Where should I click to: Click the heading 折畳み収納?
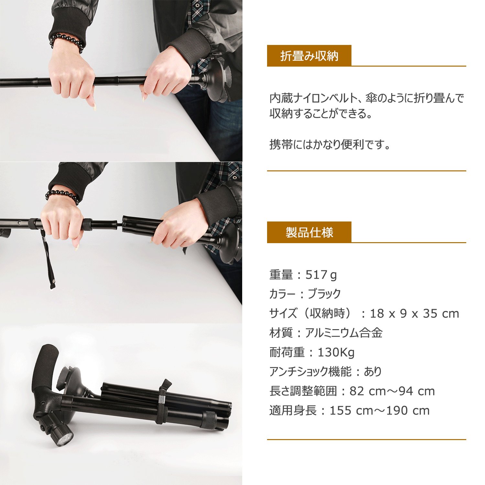coord(309,56)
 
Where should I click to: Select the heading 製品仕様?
coord(309,232)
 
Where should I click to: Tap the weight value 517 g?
coord(321,275)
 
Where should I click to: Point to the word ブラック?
coord(324,294)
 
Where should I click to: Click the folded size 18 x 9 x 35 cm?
coord(415,314)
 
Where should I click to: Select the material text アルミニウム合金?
coord(344,333)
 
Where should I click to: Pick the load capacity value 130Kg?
coord(336,352)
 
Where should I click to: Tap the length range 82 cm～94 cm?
coord(392,391)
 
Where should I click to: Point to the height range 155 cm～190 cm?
coord(380,411)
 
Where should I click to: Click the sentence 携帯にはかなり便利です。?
coord(330,144)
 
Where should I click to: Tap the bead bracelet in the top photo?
coord(67,41)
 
